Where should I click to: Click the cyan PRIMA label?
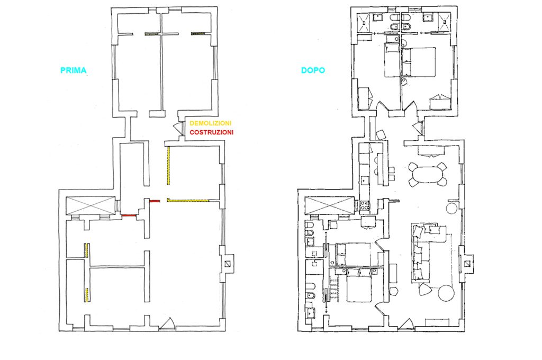73,70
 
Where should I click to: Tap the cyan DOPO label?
313,70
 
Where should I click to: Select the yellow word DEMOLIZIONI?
211,123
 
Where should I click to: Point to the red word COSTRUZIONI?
212,132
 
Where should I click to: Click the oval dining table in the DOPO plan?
427,175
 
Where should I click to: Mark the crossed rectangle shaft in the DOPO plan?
330,205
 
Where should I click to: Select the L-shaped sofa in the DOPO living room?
423,252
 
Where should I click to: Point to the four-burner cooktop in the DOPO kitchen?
364,205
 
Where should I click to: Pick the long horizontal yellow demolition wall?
188,200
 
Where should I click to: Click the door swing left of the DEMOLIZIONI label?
178,128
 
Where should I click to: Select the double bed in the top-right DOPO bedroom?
418,62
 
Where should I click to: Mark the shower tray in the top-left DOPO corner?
363,22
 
